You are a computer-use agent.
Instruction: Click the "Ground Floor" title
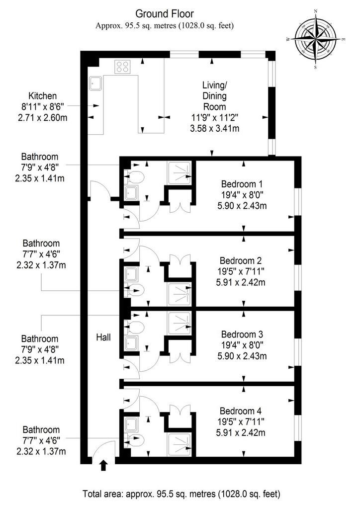(165, 13)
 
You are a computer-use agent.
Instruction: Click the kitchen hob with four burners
(122, 67)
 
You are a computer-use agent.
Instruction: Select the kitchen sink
(95, 84)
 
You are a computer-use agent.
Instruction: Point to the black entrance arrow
(104, 465)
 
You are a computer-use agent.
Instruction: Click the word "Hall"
(103, 338)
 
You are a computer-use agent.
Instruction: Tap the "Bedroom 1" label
(242, 184)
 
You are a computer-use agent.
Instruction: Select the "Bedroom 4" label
(241, 411)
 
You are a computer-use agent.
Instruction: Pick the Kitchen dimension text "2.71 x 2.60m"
(43, 117)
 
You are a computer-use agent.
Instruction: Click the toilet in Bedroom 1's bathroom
(135, 177)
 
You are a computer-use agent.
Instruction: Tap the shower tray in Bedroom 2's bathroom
(179, 294)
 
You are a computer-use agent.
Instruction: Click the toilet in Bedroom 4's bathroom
(135, 440)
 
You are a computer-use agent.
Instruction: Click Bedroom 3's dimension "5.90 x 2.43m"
(242, 356)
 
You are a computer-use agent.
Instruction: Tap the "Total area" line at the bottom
(181, 494)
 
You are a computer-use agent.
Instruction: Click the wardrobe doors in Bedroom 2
(180, 262)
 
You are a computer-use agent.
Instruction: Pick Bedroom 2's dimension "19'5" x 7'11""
(241, 271)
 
